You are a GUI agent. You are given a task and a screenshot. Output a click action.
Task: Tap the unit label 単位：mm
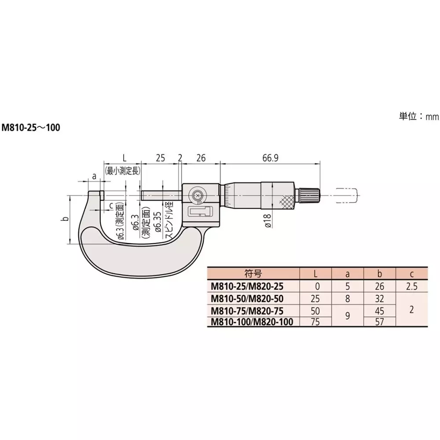tap(419, 116)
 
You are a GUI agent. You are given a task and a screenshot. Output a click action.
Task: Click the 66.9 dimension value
tap(270, 158)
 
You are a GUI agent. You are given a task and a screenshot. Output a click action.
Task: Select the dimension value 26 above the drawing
tap(201, 158)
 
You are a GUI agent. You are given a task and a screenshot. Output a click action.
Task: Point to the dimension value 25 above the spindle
tap(161, 158)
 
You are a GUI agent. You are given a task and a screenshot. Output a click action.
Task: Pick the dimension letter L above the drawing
tap(124, 158)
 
